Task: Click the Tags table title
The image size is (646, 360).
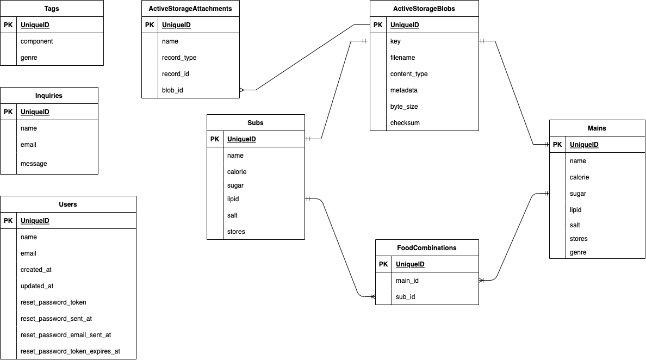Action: (x=52, y=9)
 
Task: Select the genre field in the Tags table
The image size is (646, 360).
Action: (x=29, y=58)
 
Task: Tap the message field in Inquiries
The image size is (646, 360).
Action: (x=34, y=164)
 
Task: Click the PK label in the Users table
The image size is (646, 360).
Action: (x=8, y=221)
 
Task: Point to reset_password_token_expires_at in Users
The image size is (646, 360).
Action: (x=70, y=351)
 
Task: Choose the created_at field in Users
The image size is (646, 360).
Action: (x=36, y=270)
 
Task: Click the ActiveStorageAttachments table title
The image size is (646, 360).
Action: (x=190, y=9)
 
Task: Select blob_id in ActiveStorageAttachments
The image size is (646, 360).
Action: (x=172, y=90)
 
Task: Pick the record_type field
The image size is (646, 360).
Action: (x=179, y=58)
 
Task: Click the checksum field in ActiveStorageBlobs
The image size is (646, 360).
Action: (x=405, y=123)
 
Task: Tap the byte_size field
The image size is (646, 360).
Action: (x=403, y=107)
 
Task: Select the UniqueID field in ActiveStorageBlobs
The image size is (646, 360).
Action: (x=405, y=25)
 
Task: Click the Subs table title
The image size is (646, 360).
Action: (x=256, y=123)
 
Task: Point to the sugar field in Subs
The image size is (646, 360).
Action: (x=235, y=185)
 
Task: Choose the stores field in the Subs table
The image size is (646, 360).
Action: (x=236, y=232)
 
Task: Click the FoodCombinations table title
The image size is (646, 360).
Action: (x=427, y=248)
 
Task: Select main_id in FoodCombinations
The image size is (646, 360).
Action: (x=407, y=281)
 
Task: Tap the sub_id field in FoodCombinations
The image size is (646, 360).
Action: (x=405, y=297)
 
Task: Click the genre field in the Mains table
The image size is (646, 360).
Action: (x=578, y=252)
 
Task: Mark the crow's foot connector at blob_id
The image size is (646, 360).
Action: (x=243, y=90)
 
